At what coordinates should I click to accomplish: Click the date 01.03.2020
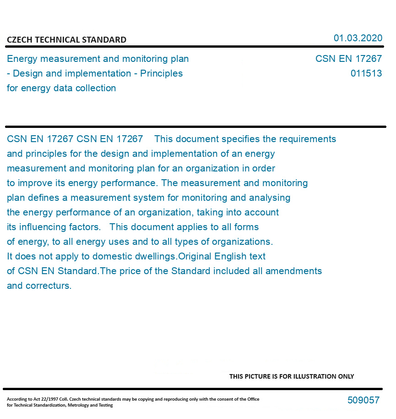358,38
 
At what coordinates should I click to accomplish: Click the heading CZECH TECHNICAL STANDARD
66,40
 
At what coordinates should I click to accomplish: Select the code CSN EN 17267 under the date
348,59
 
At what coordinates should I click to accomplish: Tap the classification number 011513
366,74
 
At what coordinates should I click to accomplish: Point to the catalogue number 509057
363,400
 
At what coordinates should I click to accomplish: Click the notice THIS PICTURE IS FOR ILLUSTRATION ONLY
292,376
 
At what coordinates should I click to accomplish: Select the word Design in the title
27,74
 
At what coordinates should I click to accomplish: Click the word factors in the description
85,227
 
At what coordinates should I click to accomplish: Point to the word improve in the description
33,183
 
